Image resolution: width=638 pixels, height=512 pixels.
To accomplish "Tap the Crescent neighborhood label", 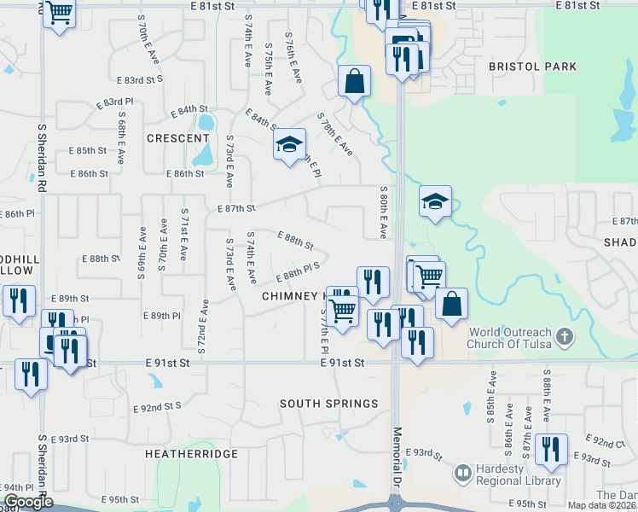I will (177, 138).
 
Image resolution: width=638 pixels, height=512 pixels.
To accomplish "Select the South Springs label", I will (328, 404).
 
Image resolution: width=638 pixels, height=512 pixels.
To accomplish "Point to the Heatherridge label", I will (191, 454).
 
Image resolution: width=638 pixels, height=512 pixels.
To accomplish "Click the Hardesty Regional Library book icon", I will (462, 472).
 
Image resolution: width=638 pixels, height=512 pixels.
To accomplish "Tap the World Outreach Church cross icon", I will (563, 337).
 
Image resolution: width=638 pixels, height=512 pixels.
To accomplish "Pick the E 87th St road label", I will (236, 208).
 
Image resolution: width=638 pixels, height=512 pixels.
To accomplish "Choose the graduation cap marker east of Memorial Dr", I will (435, 202).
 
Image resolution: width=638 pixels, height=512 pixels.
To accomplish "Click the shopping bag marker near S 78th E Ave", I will (354, 82).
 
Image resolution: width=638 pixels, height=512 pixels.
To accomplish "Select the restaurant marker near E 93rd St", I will (552, 450).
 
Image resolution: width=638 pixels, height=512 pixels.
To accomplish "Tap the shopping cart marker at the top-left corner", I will (59, 12).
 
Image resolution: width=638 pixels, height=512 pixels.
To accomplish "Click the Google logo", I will (27, 503).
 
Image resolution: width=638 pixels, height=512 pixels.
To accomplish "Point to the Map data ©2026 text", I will (602, 505).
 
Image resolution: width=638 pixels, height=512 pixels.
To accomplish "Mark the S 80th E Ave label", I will (383, 212).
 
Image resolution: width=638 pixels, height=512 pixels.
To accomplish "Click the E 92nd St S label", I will (158, 408).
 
